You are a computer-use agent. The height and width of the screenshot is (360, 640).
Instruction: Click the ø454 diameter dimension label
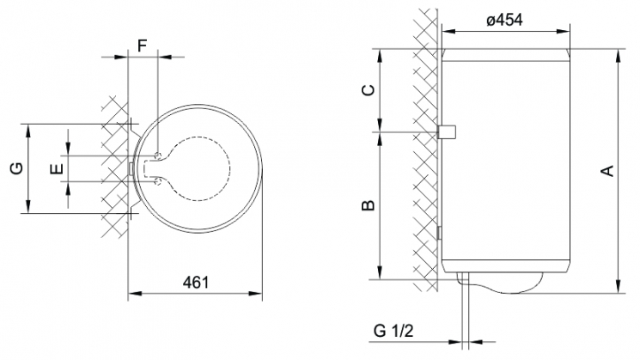(x=505, y=20)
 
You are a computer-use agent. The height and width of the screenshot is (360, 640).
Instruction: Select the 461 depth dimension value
(x=196, y=283)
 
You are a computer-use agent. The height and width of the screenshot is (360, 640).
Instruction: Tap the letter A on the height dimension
(x=608, y=171)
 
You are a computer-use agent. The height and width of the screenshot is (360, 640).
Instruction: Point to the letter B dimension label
(x=369, y=205)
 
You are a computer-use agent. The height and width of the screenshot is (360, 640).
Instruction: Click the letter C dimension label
(x=369, y=90)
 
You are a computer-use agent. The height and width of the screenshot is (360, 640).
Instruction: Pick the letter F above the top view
(x=142, y=46)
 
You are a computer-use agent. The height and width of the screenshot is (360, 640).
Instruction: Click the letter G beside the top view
(x=16, y=168)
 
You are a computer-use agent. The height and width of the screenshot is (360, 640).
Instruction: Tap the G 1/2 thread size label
(x=393, y=330)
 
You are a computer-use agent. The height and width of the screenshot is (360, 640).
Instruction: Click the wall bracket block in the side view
(x=447, y=131)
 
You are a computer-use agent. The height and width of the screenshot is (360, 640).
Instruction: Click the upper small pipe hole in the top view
(x=158, y=156)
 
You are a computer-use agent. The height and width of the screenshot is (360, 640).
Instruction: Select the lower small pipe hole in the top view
(x=158, y=180)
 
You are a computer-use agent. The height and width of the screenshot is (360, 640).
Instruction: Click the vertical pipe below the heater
(x=466, y=311)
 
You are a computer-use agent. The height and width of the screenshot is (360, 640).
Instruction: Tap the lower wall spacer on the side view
(x=439, y=233)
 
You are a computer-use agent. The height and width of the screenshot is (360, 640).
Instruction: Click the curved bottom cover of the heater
(x=500, y=283)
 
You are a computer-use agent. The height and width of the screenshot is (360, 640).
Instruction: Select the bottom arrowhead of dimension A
(x=619, y=286)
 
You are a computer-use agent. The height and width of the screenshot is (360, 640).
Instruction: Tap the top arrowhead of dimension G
(x=28, y=131)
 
